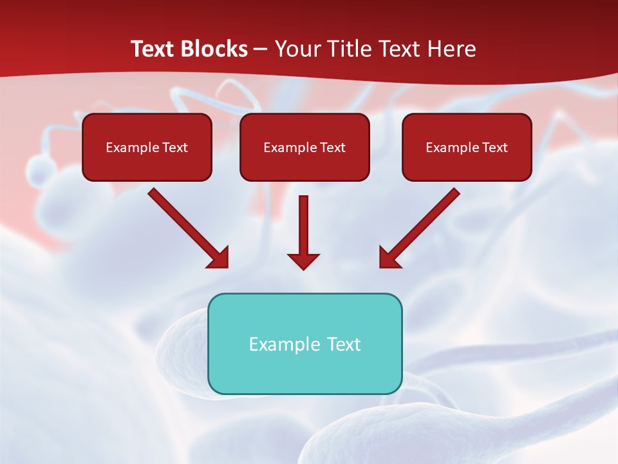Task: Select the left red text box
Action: click(147, 147)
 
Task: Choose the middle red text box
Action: click(304, 147)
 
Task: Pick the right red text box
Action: click(467, 147)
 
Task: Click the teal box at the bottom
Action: click(304, 343)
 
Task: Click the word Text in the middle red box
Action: click(332, 148)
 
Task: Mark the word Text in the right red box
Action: click(494, 148)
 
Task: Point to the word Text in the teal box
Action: click(344, 344)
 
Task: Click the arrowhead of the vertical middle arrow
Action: click(303, 260)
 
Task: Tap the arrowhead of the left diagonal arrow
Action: click(219, 258)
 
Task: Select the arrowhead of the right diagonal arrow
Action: click(389, 258)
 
